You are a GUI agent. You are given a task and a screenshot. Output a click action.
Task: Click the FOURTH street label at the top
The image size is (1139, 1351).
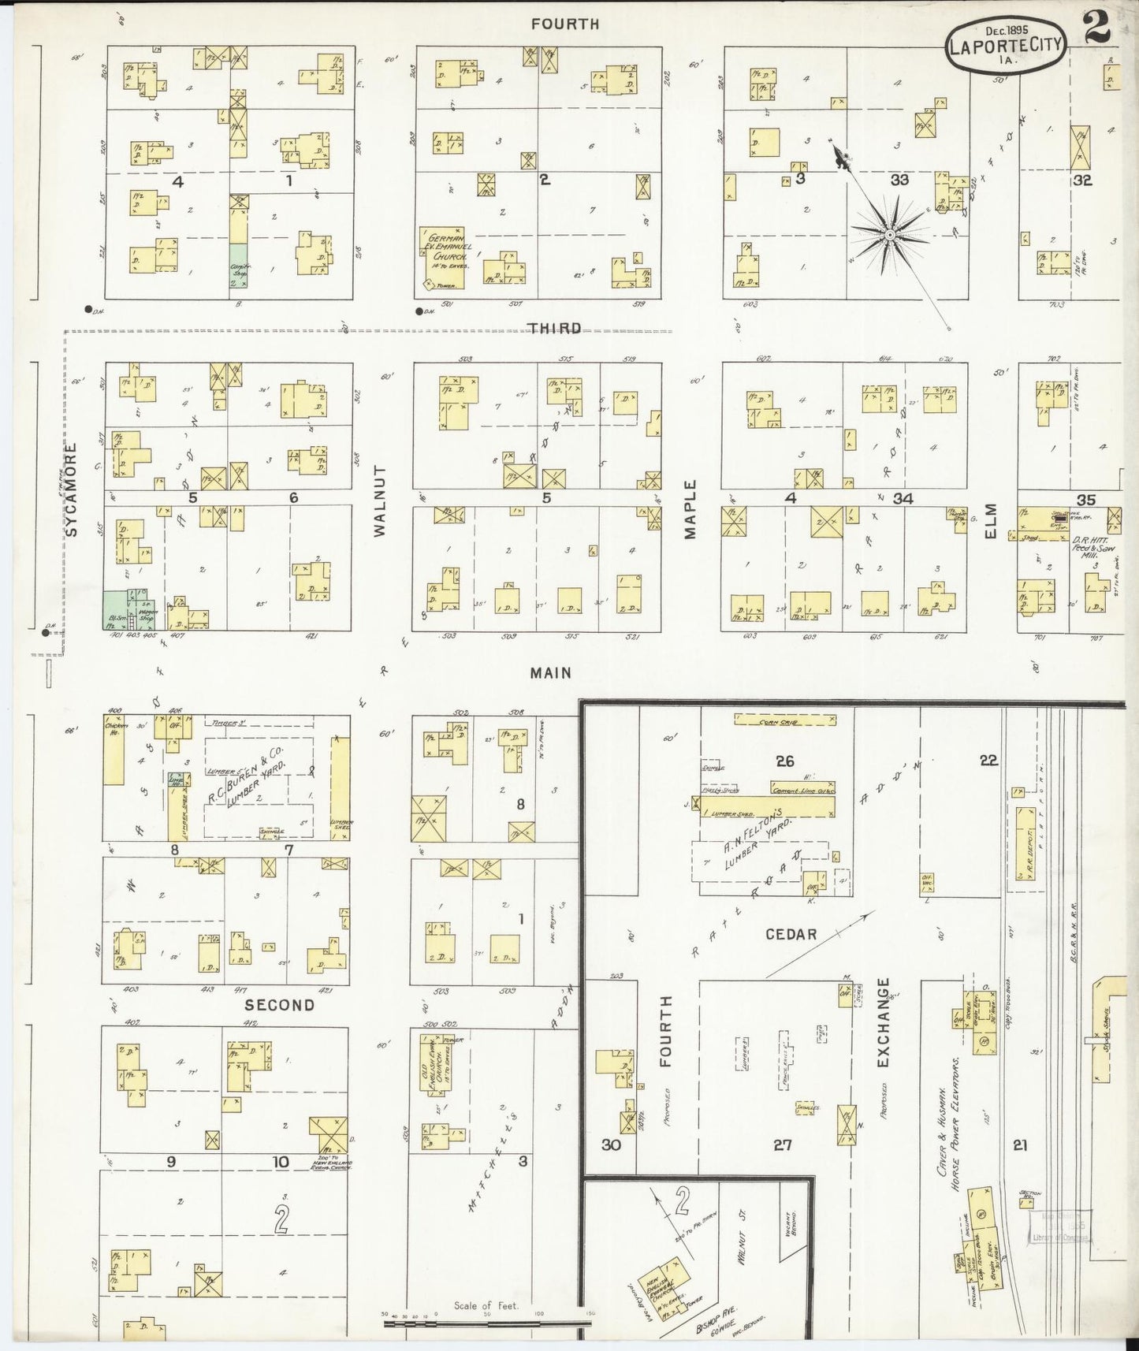564,24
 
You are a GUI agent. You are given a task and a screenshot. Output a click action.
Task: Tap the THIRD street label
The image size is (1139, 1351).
555,329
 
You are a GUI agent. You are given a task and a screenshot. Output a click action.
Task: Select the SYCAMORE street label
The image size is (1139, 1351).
73,489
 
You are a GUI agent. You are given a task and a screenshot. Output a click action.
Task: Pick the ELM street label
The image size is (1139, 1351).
990,521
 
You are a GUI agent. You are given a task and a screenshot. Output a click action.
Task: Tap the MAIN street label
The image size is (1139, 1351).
550,673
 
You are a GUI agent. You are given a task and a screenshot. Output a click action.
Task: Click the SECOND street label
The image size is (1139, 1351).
279,1005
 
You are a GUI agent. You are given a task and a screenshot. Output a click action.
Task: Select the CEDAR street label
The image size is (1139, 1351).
791,934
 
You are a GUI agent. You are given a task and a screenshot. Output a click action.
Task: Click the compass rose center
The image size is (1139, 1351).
889,234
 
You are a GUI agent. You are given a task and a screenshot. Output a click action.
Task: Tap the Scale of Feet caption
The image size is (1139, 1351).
486,1306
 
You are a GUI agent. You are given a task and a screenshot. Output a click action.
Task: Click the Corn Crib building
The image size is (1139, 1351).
784,720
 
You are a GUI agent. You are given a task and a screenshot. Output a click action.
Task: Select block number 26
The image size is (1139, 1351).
784,761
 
